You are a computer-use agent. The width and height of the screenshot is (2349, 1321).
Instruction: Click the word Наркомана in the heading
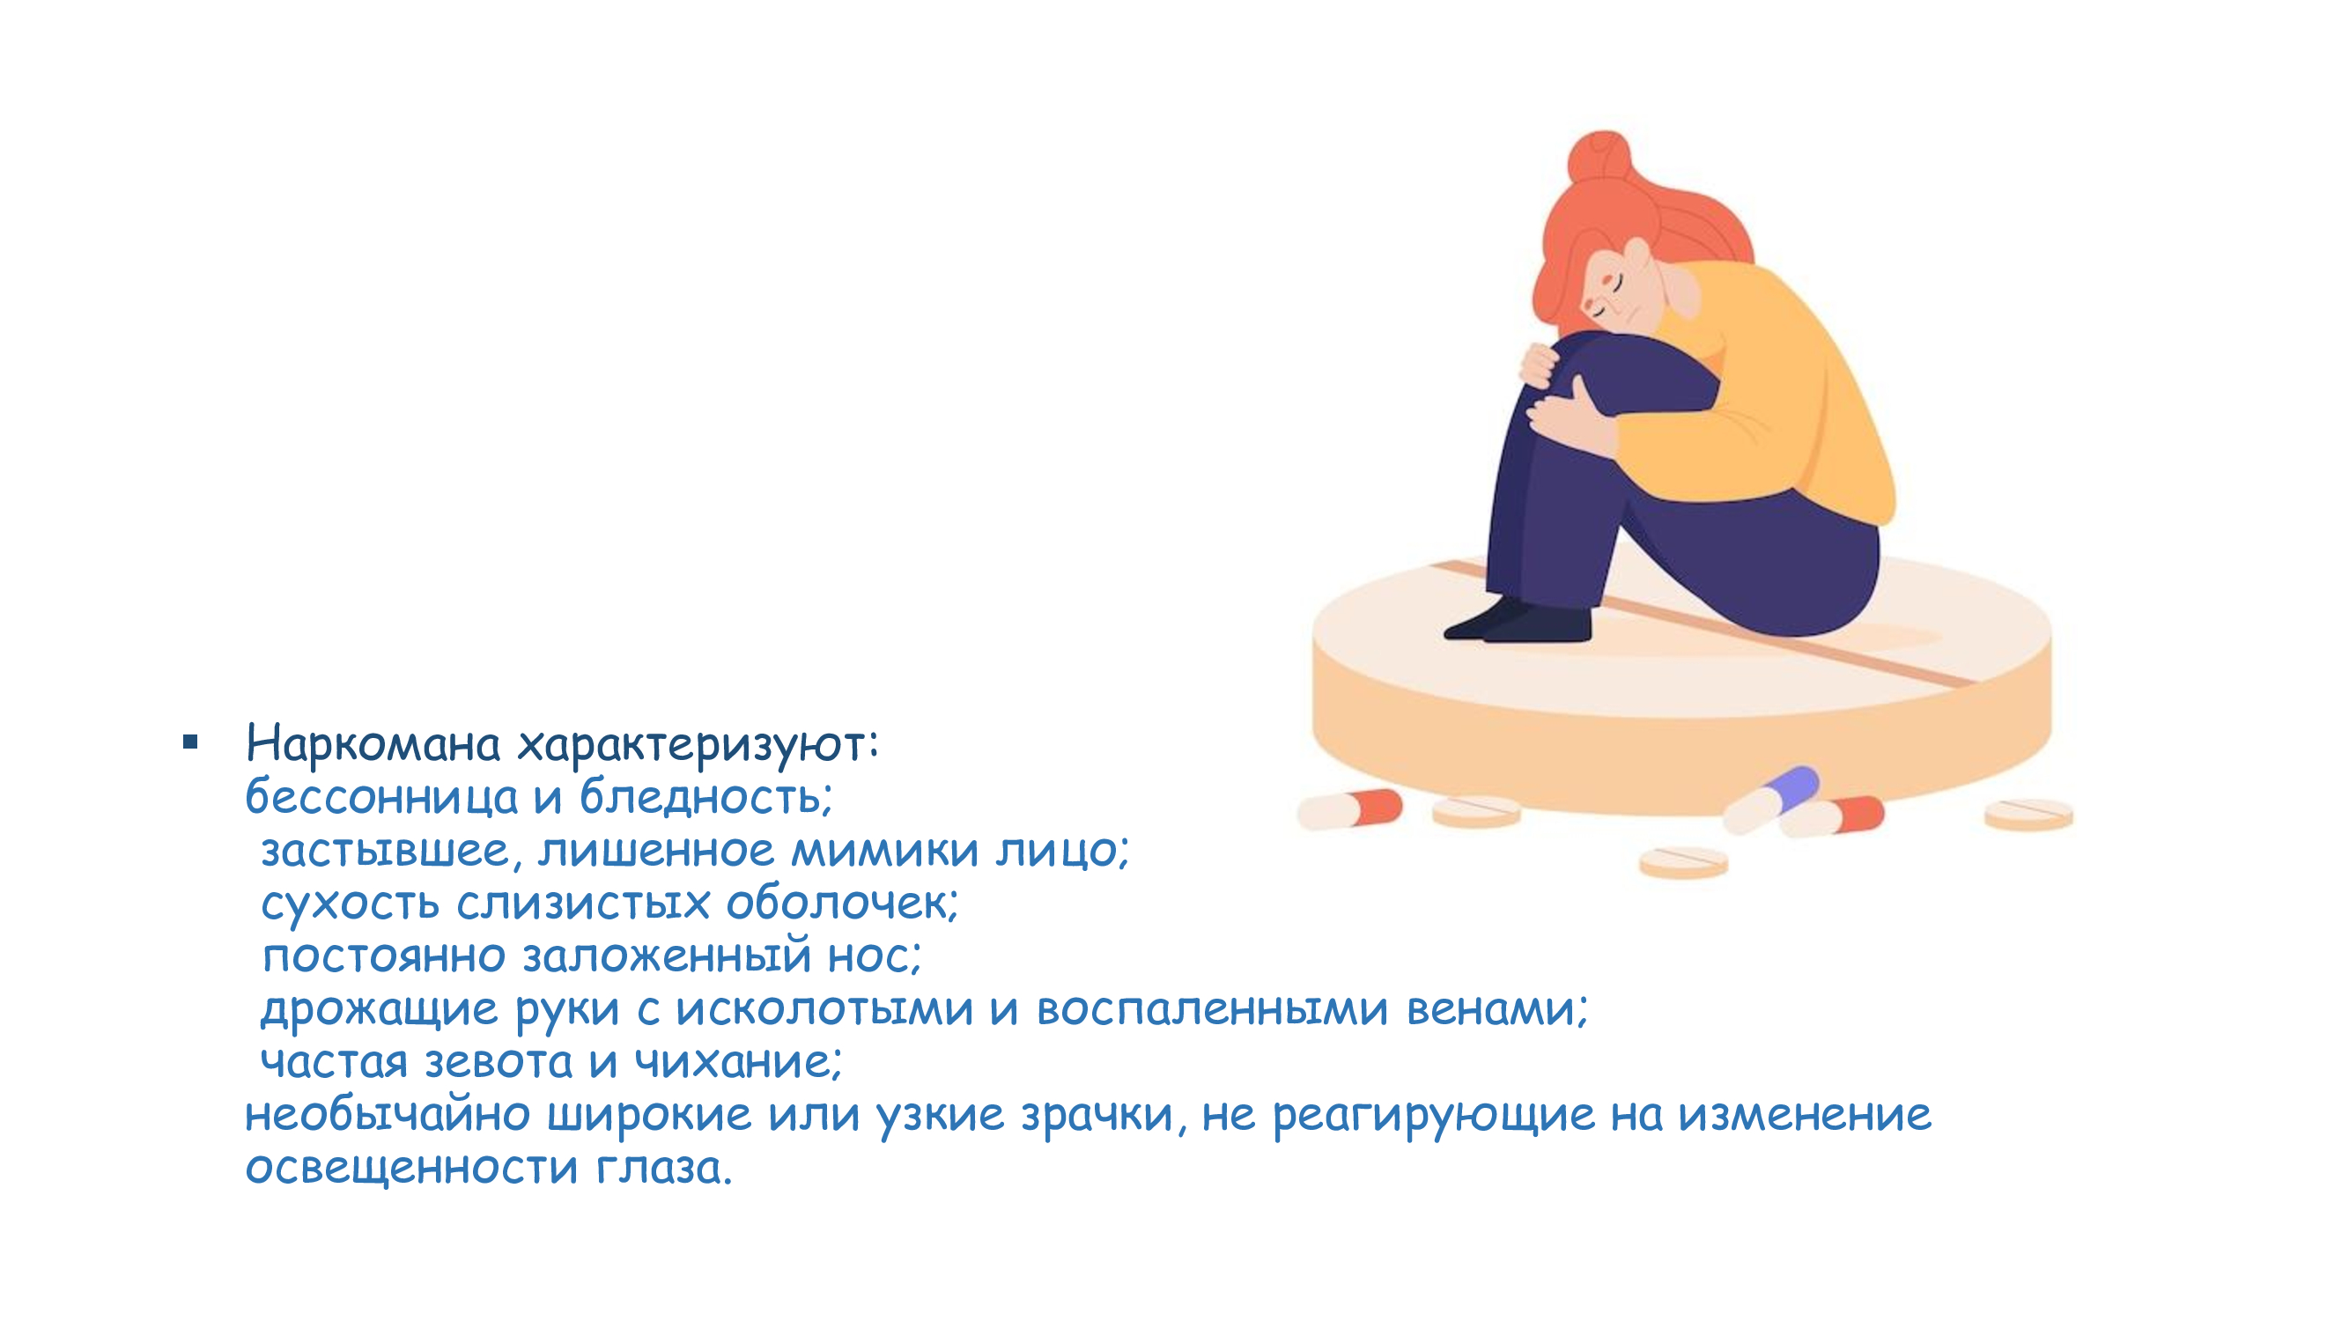coord(373,744)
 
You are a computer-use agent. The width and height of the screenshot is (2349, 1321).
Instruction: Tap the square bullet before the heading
coord(190,742)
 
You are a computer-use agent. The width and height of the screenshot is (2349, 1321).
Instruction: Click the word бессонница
coord(382,796)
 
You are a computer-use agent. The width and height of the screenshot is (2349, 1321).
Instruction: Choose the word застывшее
coord(386,852)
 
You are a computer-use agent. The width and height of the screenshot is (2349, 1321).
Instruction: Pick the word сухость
coord(351,904)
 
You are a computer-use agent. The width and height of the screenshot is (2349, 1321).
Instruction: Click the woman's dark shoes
coord(1519,622)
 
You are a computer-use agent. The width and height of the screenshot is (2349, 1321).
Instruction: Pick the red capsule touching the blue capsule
coord(1832,817)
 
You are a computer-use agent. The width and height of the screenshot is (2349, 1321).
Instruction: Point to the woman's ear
coord(1638,256)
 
